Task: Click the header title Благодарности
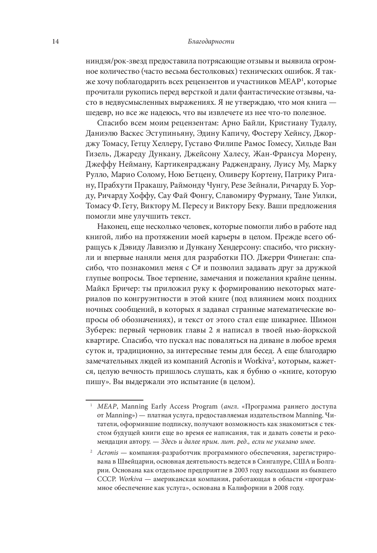pos(206,42)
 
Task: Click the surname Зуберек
pos(100,330)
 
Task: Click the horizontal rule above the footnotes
pos(106,398)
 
